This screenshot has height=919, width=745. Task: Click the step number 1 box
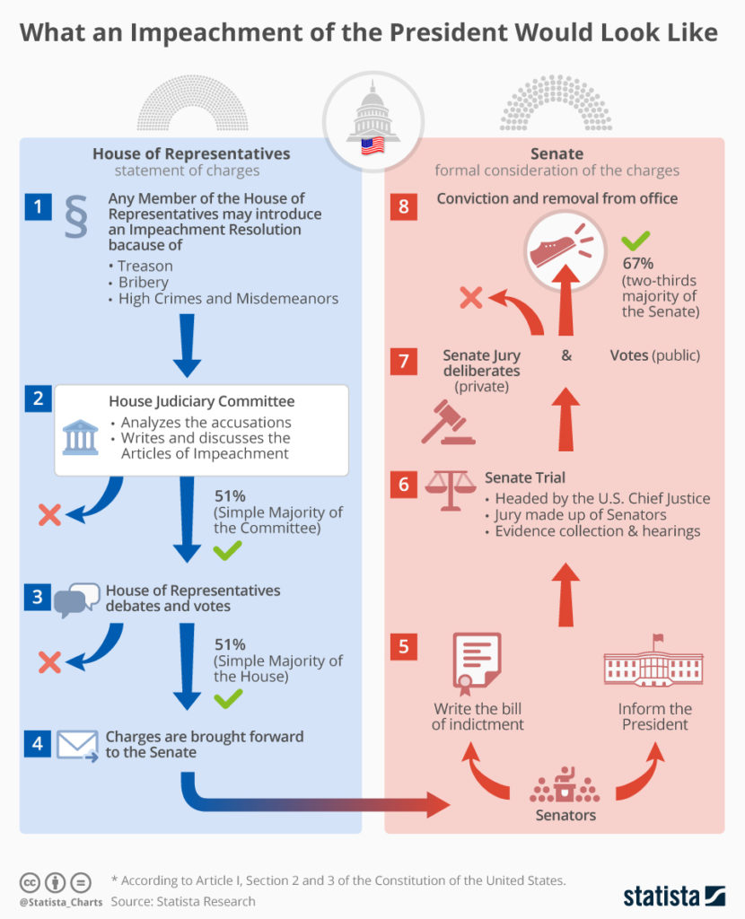click(x=37, y=208)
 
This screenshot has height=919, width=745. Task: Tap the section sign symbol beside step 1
click(x=75, y=217)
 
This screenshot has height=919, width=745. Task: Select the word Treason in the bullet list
click(x=145, y=266)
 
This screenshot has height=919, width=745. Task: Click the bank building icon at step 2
click(x=81, y=438)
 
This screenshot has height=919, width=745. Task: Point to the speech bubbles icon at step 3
click(x=77, y=600)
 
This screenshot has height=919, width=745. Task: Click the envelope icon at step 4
click(x=77, y=745)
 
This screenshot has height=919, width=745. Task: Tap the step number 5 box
click(x=403, y=645)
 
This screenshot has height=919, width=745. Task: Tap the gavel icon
click(x=447, y=423)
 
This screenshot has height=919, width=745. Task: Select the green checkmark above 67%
click(x=635, y=240)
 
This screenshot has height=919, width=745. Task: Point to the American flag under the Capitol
click(x=372, y=146)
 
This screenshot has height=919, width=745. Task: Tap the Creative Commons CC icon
click(x=31, y=881)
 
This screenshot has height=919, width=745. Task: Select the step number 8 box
click(x=403, y=207)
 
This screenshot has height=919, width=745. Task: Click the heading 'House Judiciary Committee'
click(x=201, y=401)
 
